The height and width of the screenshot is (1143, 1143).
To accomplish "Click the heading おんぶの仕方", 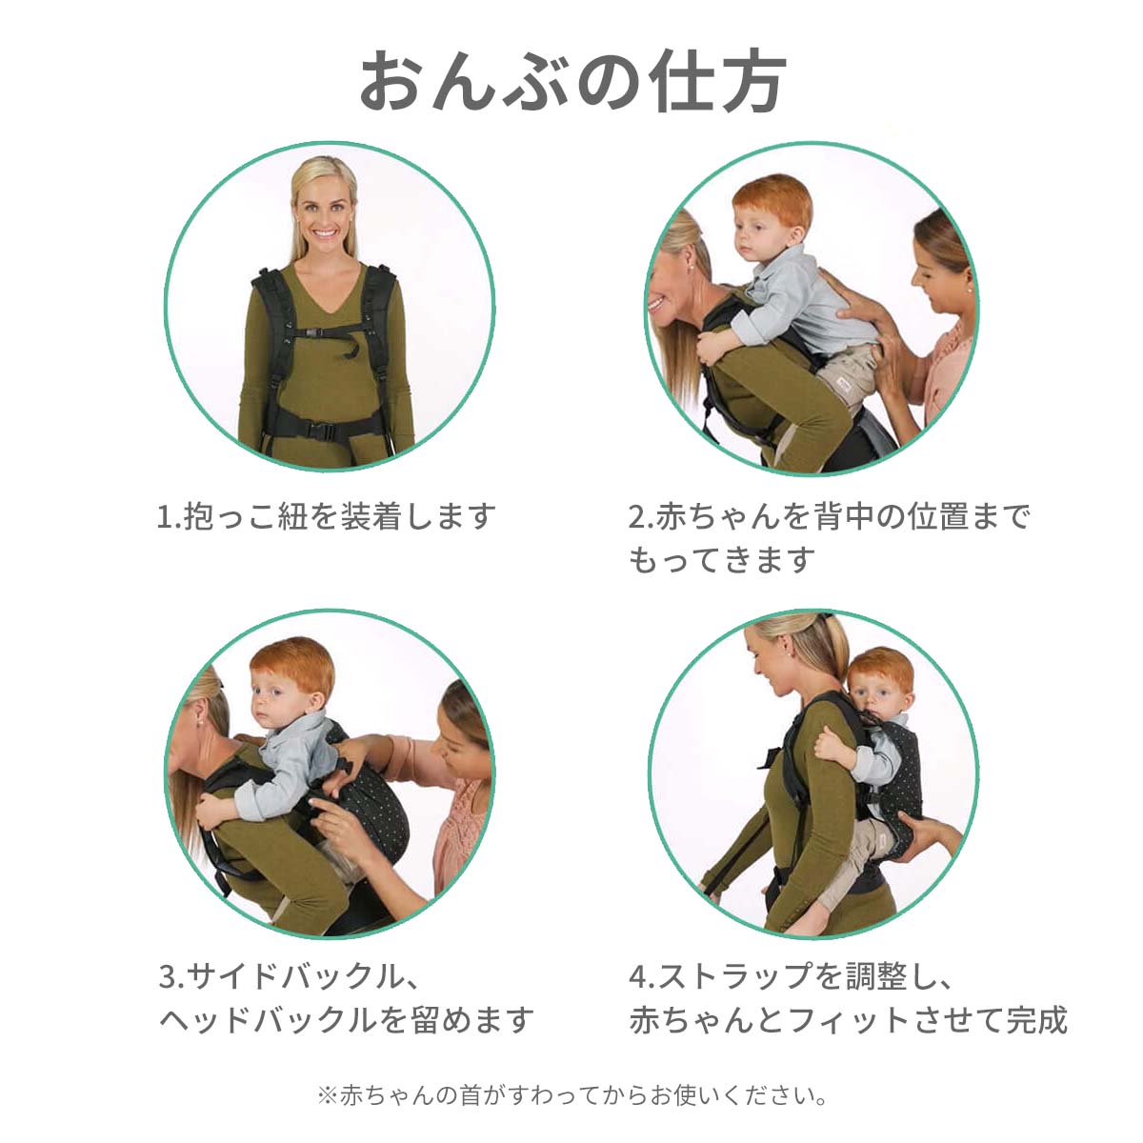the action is click(x=572, y=81).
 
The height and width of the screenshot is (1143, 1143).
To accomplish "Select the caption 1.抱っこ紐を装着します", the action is click(x=327, y=516).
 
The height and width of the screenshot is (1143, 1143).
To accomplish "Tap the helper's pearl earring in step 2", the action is click(x=968, y=291).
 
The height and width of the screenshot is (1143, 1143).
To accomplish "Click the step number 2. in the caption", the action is click(x=641, y=516).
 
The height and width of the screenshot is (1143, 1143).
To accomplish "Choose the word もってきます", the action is click(x=722, y=560).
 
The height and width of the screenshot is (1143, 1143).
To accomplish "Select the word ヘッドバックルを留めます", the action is click(x=347, y=1019).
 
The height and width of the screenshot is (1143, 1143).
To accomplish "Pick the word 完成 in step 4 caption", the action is click(x=1037, y=1019).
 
